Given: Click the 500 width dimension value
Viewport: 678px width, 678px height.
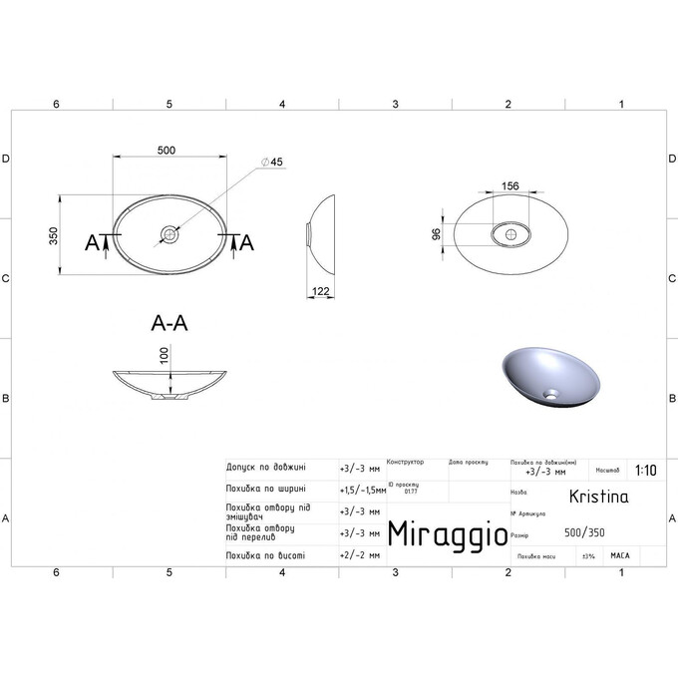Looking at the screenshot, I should click(x=167, y=150).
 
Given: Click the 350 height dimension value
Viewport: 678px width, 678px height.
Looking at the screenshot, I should click(x=56, y=235).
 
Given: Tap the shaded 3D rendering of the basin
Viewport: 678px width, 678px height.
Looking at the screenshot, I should click(x=547, y=374).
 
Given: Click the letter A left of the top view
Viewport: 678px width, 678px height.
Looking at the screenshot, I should click(x=92, y=241).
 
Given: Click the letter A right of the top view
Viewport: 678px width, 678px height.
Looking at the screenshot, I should click(x=247, y=241).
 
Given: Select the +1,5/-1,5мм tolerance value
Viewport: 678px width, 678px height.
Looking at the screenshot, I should click(x=361, y=489).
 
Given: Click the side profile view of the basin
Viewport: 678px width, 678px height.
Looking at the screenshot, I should click(x=322, y=234).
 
